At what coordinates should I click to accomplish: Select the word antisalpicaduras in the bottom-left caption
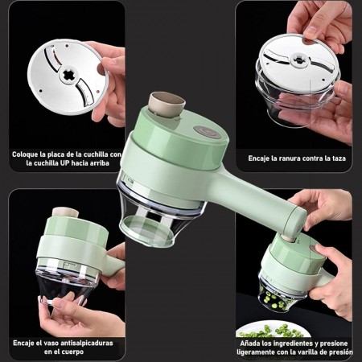click(x=87, y=343)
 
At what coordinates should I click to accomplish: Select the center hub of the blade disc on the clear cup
click(x=298, y=60)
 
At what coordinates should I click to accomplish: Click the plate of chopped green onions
click(x=273, y=331)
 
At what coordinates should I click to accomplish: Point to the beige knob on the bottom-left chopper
click(x=65, y=212)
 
